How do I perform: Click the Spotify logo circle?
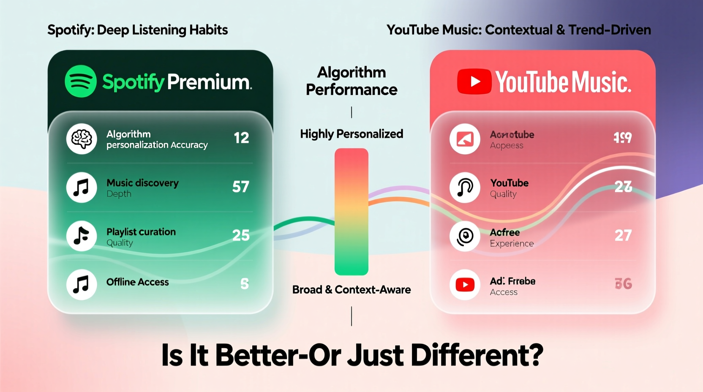point(81,81)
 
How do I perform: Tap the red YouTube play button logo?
point(474,81)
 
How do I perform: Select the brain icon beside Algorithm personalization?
point(82,139)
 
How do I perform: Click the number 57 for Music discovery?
point(241,187)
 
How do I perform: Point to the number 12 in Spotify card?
point(241,138)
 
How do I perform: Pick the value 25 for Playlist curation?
point(241,235)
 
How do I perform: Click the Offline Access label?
point(137,282)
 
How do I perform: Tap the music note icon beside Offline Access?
point(82,284)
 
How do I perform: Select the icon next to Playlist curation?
point(82,236)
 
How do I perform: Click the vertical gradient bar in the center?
point(351,211)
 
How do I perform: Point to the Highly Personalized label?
point(351,134)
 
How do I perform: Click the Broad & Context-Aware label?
point(351,290)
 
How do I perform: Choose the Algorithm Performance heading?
point(351,81)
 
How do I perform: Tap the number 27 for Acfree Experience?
point(623,235)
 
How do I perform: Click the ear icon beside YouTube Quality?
point(465,187)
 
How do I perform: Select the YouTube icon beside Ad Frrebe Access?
point(465,285)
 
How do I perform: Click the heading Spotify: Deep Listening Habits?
point(137,30)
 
